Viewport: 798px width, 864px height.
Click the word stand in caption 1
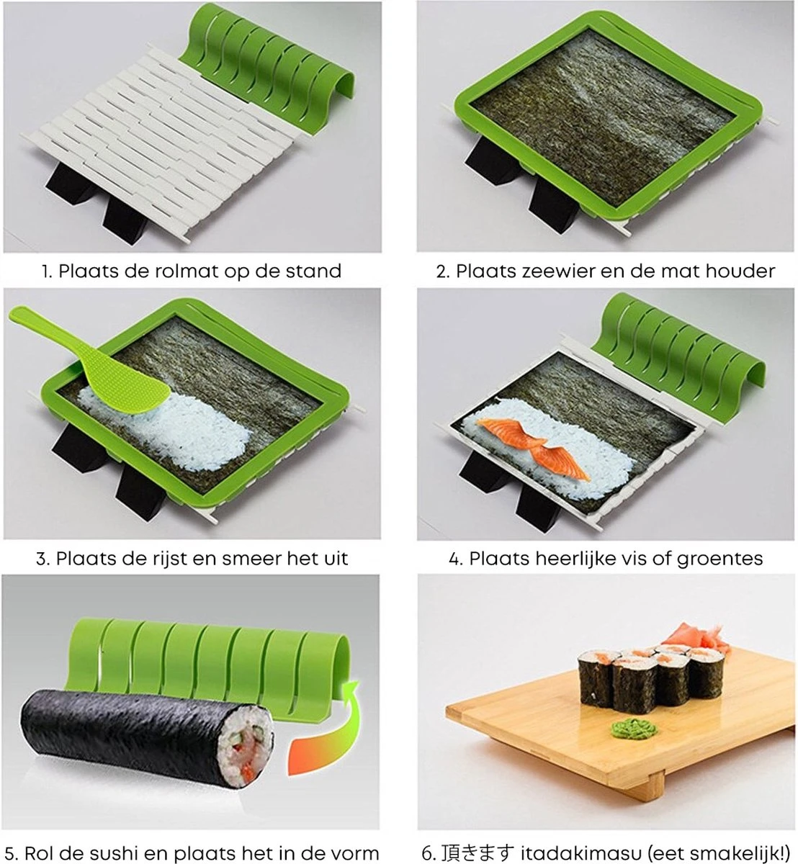click(311, 271)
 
